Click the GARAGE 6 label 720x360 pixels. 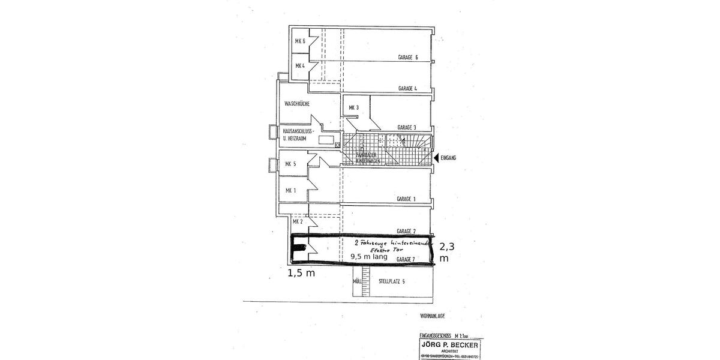407,58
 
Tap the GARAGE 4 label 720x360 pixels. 407,88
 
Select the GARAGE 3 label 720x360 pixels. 406,127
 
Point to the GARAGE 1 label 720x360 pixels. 406,199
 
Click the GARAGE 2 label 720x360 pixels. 406,231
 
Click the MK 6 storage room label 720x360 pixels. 300,41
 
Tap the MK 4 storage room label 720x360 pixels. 300,65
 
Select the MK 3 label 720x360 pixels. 353,108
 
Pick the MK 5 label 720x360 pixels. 290,164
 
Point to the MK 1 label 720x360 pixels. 290,191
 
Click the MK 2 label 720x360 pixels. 297,221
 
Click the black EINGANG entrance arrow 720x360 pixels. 436,157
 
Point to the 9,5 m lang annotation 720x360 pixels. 369,256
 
